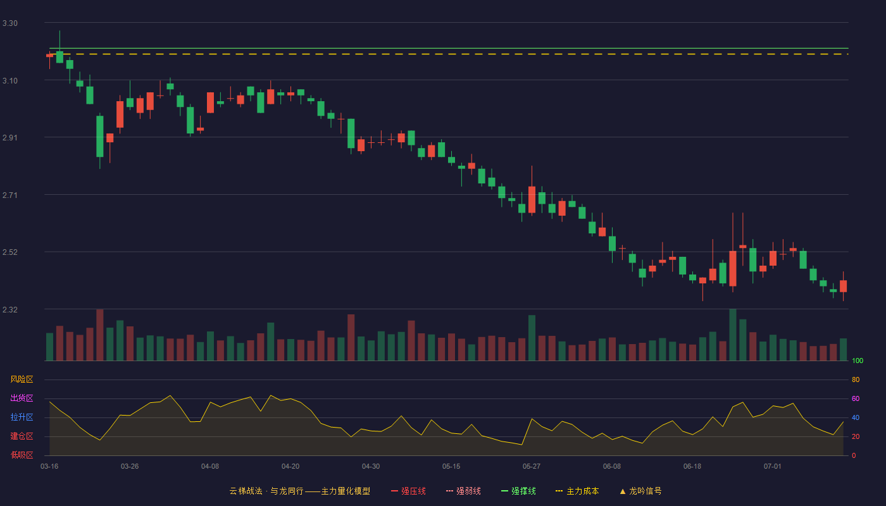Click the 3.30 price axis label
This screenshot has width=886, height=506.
pos(10,23)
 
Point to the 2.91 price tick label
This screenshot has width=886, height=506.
pos(10,138)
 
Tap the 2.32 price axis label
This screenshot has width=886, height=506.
pos(10,309)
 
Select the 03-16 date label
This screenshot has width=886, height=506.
pos(49,467)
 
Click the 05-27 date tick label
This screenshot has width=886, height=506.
pos(531,467)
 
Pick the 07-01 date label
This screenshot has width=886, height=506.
pos(773,467)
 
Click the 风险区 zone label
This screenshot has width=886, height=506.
pos(22,379)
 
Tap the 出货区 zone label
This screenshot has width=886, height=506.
pos(22,398)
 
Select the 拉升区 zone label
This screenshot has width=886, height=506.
pos(22,417)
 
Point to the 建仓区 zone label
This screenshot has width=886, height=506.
pos(22,436)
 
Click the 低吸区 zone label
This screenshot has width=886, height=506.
pos(22,455)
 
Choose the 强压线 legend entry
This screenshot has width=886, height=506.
pos(408,491)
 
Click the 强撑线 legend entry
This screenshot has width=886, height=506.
pos(518,491)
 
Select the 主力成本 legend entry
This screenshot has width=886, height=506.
pos(577,491)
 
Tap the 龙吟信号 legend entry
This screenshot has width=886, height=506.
pos(640,491)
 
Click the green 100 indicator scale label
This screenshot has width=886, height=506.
pos(858,361)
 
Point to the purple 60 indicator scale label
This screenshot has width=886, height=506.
pos(856,398)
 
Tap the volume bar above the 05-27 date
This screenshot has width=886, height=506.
pos(532,338)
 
